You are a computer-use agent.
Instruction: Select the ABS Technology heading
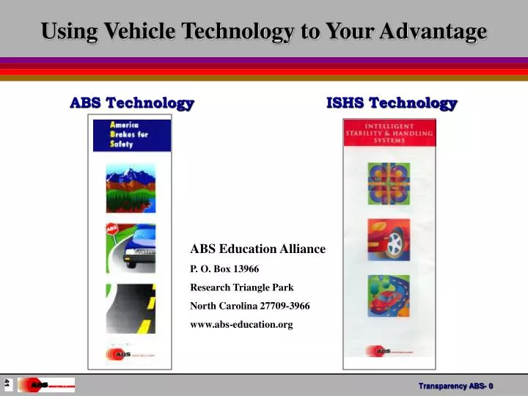point(132,103)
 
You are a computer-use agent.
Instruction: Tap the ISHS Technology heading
point(392,103)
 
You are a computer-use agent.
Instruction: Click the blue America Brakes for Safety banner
point(131,135)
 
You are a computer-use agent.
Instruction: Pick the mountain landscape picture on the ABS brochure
point(131,188)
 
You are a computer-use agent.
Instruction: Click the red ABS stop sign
point(113,230)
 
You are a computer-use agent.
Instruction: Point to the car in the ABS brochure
point(139,249)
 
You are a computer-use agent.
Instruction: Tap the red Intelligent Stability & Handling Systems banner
point(389,132)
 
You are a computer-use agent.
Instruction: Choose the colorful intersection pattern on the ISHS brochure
point(389,183)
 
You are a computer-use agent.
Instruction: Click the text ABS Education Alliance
point(257,249)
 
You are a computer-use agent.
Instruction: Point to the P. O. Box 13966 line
point(224,268)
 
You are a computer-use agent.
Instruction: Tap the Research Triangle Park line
point(241,287)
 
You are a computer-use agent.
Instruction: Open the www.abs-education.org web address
point(241,324)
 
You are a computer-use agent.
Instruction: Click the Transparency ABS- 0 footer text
point(455,386)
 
